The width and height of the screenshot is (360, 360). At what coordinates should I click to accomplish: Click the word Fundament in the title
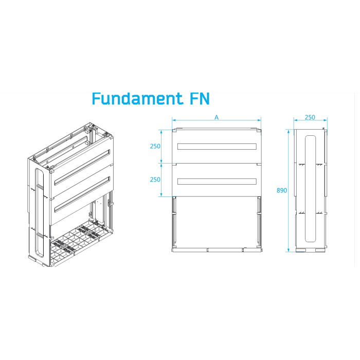[137, 99]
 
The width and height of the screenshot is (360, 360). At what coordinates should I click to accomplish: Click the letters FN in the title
[200, 99]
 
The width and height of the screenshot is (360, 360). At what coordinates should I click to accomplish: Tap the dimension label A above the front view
[217, 117]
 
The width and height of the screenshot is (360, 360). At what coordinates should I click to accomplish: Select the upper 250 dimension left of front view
[155, 146]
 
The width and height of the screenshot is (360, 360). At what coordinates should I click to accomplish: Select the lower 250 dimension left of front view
[155, 179]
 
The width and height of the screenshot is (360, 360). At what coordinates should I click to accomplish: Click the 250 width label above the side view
[310, 117]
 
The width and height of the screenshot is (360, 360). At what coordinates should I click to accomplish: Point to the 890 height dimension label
[282, 190]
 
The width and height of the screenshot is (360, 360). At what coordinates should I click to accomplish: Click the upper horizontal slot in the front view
[217, 147]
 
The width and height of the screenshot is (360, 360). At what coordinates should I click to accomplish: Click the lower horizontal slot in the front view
[217, 182]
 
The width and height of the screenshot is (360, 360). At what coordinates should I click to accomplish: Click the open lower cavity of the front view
[217, 222]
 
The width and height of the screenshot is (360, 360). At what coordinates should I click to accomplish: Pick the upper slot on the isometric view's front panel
[82, 167]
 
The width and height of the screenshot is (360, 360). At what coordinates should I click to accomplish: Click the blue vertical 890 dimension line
[289, 191]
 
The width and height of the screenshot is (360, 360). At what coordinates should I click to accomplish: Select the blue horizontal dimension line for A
[217, 120]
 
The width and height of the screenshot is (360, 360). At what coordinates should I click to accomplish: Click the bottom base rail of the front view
[217, 250]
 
